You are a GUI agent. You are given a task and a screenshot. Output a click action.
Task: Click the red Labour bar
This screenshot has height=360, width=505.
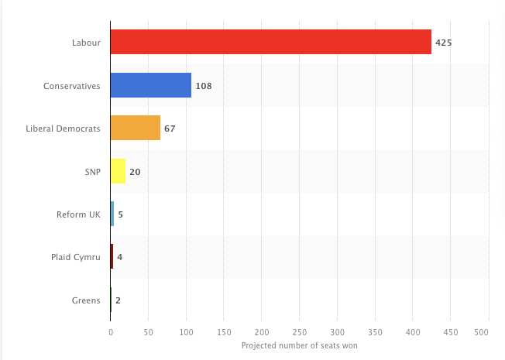tap(270, 42)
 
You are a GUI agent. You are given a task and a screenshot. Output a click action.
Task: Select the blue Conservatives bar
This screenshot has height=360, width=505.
tap(150, 85)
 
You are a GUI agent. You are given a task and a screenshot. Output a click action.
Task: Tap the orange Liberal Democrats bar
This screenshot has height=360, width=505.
tap(135, 128)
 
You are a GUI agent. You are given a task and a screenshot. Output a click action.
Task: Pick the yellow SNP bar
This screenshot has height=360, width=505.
tap(118, 171)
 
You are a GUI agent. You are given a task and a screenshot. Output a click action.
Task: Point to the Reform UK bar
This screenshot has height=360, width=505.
tap(112, 214)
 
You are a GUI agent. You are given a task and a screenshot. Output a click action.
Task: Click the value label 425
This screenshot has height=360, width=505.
tap(443, 43)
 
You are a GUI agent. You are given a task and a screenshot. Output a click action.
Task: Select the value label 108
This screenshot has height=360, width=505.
tap(204, 85)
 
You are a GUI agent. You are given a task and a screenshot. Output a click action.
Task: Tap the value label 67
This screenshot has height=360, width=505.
tap(170, 129)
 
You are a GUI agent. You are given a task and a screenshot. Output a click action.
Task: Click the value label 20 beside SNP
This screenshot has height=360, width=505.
tap(135, 171)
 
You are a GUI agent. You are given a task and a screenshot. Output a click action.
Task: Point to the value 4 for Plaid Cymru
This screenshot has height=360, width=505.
tap(119, 257)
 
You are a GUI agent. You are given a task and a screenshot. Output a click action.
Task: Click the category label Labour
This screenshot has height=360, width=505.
tap(86, 43)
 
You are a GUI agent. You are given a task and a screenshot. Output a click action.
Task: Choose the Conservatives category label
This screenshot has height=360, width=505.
tap(72, 85)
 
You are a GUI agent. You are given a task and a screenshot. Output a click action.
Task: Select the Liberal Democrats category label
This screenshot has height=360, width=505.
tap(64, 129)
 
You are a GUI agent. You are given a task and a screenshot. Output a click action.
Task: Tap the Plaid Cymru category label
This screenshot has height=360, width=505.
tap(76, 257)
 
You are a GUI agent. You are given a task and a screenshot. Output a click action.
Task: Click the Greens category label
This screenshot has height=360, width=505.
tap(87, 300)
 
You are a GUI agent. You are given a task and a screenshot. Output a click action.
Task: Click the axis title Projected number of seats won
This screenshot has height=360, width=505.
tap(300, 345)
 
